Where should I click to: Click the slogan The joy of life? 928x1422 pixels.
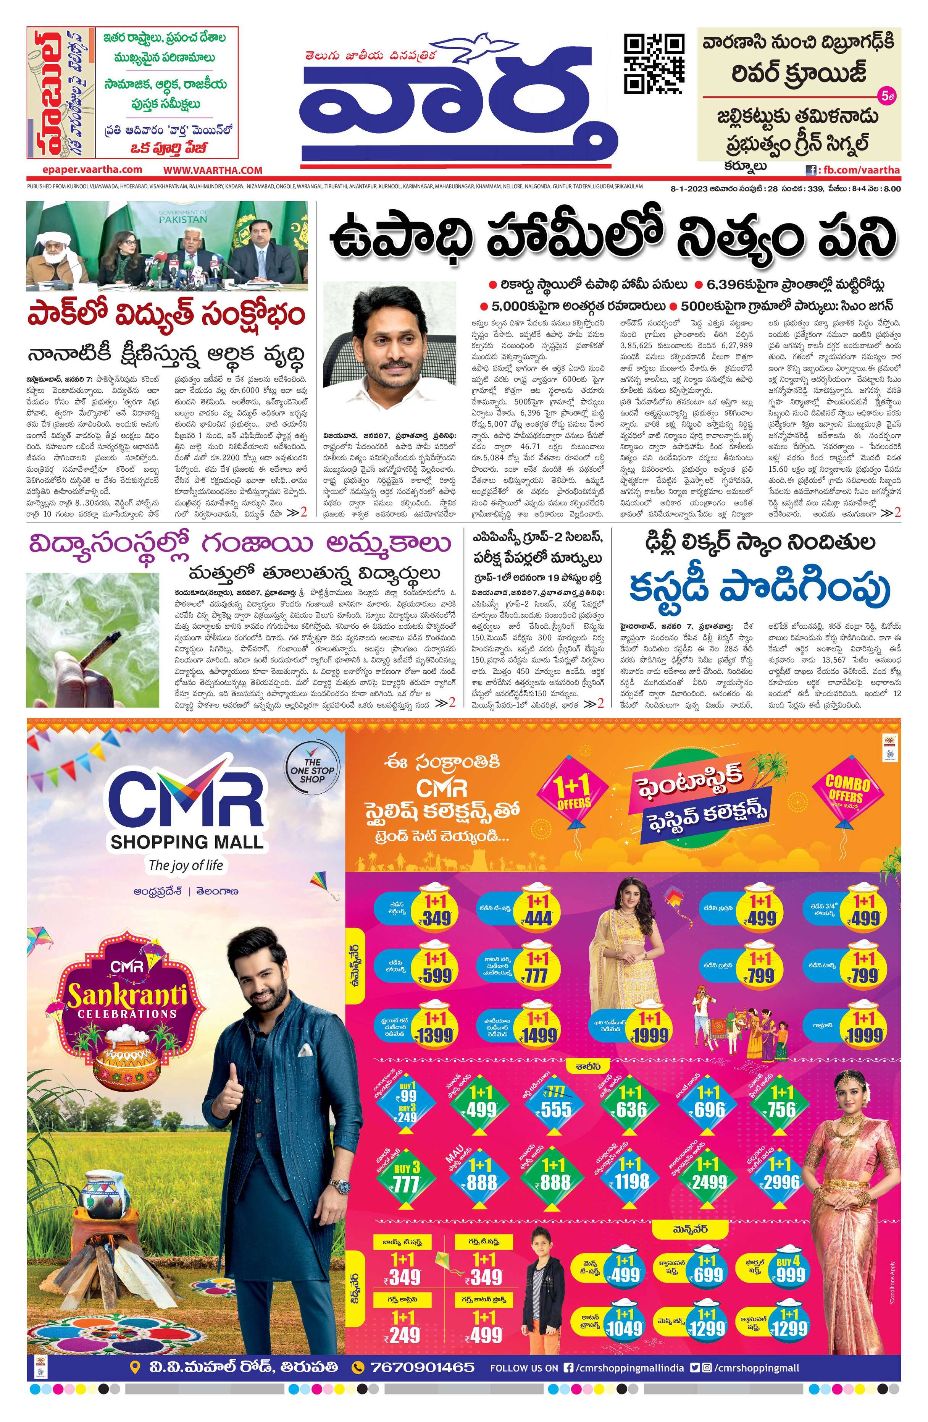186,865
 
